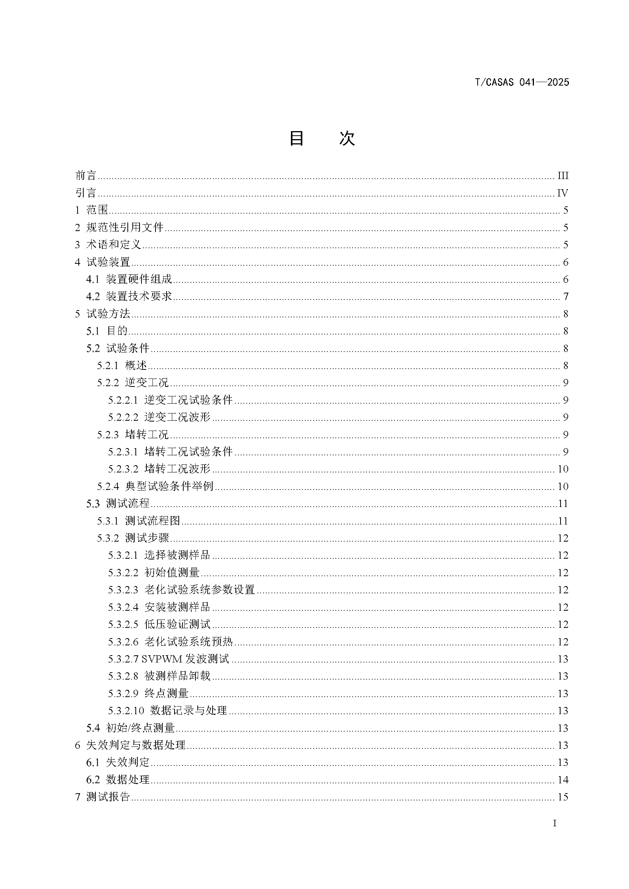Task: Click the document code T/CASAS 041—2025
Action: tap(522, 82)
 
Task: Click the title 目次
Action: tap(322, 138)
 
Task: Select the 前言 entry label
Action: tap(86, 175)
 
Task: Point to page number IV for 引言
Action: tap(562, 193)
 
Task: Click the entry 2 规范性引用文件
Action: tap(119, 227)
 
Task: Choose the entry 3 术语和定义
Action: tap(108, 245)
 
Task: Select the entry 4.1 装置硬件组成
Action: tap(129, 279)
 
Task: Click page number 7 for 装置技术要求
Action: tap(565, 296)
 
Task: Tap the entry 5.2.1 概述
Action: tap(122, 366)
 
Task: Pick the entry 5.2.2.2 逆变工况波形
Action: tap(159, 417)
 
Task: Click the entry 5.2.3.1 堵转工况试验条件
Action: tap(170, 452)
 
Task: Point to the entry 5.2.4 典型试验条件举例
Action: tap(155, 486)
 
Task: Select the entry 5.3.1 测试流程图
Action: tap(139, 521)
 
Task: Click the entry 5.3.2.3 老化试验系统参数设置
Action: tap(181, 590)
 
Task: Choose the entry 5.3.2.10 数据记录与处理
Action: tap(168, 710)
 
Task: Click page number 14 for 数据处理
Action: tap(562, 780)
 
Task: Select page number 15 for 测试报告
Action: tap(562, 797)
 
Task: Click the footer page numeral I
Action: tap(554, 824)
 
